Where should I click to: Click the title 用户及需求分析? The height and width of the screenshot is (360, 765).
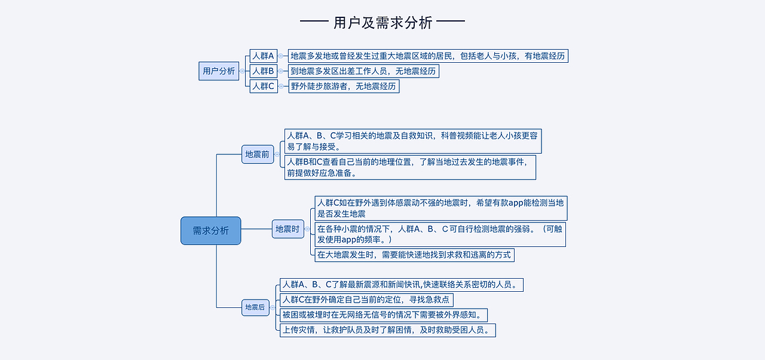coord(382,23)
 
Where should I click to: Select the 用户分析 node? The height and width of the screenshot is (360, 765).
coord(219,71)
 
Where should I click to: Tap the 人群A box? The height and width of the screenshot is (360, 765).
coord(263,56)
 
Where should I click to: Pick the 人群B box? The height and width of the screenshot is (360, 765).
coord(263,71)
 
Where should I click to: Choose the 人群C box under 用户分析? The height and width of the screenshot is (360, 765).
coord(263,86)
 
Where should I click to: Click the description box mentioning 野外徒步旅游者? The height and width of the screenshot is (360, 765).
coord(343,86)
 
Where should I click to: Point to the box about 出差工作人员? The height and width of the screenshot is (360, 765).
coord(363,71)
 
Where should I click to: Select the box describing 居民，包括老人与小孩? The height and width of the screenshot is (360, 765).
coord(427,56)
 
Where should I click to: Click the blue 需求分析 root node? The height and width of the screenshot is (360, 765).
coord(210,231)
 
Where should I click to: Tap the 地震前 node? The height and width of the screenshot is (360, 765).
coord(257,154)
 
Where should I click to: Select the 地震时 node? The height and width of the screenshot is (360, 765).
coord(287,228)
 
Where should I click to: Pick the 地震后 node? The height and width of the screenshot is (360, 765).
coord(255,307)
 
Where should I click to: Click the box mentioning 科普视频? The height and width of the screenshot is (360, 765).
coord(412,141)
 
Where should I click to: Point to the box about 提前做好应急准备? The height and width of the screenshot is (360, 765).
coord(410,167)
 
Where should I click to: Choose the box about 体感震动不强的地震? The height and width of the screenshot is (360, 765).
coord(440,208)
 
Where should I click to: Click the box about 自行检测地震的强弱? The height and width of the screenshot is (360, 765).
coord(440,234)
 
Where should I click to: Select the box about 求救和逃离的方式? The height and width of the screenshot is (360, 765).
coord(414,255)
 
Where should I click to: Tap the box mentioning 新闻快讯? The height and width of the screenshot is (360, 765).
coord(402,285)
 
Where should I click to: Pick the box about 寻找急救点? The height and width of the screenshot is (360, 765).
coord(366,300)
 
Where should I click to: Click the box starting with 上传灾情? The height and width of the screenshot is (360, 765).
coord(388,330)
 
